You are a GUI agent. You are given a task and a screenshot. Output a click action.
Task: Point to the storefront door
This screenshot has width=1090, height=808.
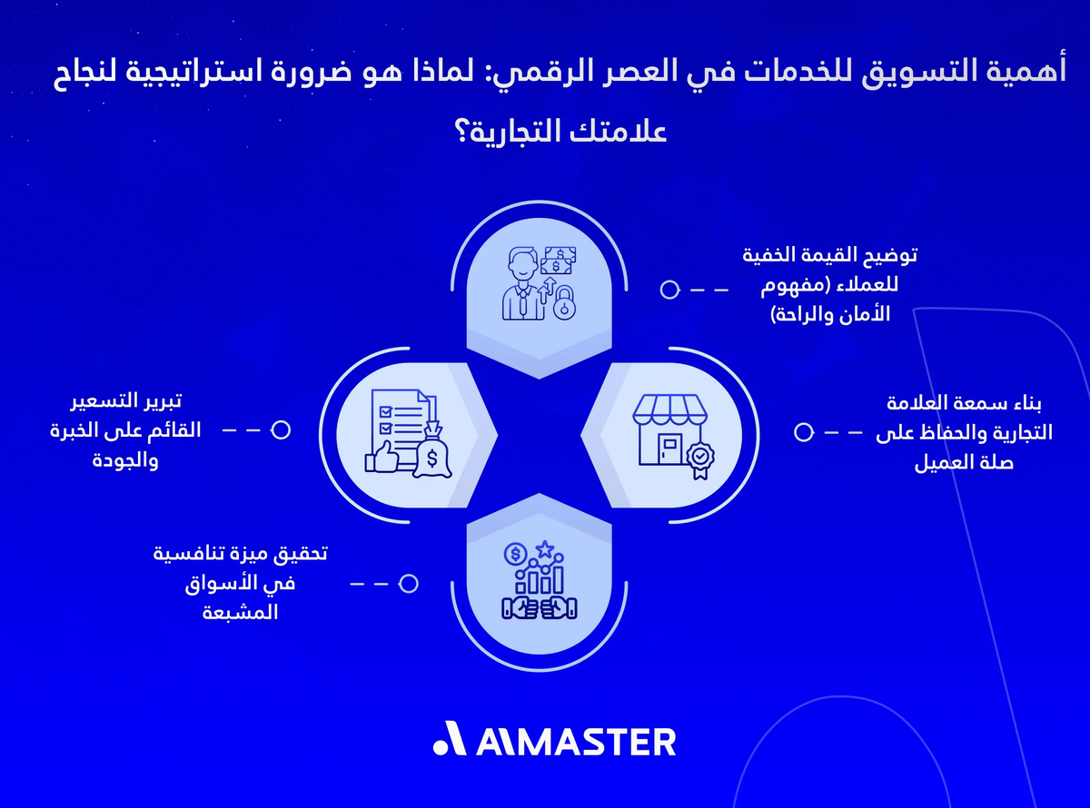[671, 448]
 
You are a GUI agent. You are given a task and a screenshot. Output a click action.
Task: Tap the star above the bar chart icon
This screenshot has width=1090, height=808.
[544, 548]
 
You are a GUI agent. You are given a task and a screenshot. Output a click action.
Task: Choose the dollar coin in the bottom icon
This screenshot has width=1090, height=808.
[516, 553]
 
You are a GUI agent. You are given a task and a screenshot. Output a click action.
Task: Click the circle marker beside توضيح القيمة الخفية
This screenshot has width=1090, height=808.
[669, 290]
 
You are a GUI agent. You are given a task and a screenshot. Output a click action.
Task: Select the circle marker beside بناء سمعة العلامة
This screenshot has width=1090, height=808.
[803, 432]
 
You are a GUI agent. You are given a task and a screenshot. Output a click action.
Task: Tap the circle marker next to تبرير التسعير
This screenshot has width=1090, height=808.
[281, 429]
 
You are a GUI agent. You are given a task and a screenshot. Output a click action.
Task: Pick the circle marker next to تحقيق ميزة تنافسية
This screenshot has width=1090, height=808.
[409, 584]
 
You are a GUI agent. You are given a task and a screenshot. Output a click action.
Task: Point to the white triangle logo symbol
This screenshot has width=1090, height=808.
[449, 740]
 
